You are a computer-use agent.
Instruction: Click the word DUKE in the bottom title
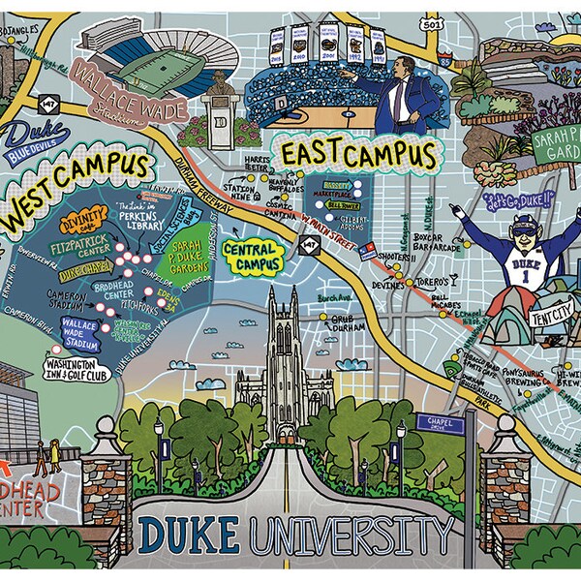(188, 534)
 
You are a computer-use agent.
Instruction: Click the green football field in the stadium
(158, 70)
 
